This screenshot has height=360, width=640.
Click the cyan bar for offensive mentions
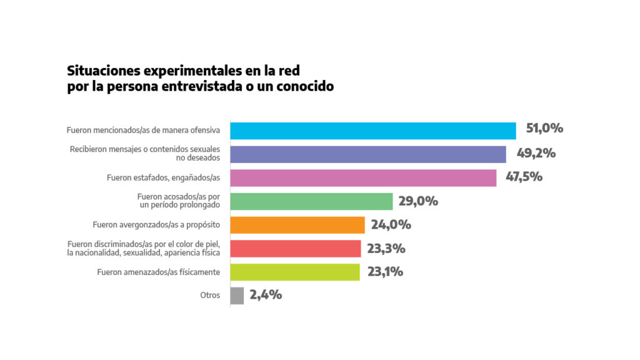tap(373, 131)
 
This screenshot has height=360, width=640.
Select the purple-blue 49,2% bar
tap(368, 154)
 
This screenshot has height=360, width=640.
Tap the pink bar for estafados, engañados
tap(363, 177)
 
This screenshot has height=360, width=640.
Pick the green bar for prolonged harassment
tap(311, 201)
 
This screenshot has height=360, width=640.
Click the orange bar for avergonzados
tap(297, 225)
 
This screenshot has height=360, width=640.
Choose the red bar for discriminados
tap(296, 249)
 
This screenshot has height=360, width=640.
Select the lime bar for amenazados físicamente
tap(295, 272)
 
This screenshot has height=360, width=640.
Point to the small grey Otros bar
tap(237, 296)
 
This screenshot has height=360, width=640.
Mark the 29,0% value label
tap(418, 201)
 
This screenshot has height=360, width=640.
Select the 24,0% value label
tap(391, 225)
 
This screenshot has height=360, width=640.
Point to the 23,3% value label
tap(386, 249)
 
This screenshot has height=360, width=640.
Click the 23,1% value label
tap(385, 272)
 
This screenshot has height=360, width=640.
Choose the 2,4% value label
tap(266, 295)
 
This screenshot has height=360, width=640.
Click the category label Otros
tap(210, 296)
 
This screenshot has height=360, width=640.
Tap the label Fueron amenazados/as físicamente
tap(159, 272)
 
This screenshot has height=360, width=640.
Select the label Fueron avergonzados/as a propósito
tap(156, 225)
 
